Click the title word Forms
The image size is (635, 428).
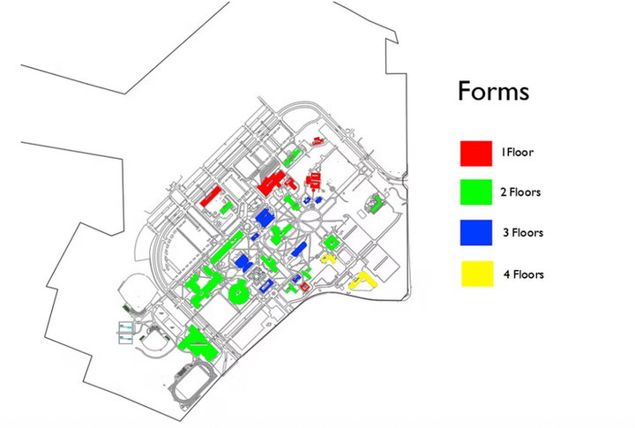coord(493,91)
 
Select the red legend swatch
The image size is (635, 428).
coord(476,154)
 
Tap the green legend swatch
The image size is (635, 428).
coord(476,192)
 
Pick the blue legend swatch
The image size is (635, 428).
coord(476,233)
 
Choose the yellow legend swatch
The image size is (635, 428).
coord(477,274)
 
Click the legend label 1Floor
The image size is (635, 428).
coord(517,153)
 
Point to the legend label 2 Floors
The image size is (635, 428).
coord(520,192)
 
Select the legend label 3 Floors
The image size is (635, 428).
coord(523,233)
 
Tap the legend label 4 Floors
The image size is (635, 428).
coord(524,274)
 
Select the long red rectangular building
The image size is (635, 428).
coord(211,196)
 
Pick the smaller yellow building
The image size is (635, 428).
coord(326,259)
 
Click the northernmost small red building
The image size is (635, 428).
coord(317,141)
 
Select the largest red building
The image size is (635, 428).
coord(272,183)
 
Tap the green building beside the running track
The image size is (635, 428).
coord(198,343)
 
